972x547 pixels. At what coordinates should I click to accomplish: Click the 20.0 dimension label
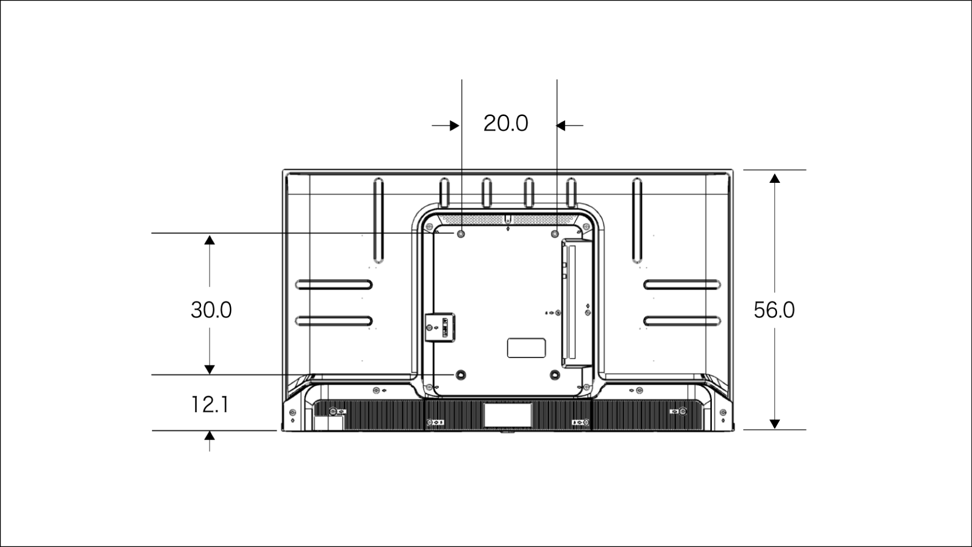pos(506,123)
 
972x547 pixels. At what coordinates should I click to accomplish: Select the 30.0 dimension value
pos(211,310)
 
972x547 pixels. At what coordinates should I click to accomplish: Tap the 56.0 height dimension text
pos(774,310)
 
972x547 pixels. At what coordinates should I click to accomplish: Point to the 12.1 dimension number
pos(210,404)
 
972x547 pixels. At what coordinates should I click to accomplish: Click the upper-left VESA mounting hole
pos(461,233)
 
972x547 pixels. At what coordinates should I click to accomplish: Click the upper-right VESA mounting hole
pos(555,233)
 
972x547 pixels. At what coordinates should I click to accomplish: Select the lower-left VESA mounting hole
pos(461,375)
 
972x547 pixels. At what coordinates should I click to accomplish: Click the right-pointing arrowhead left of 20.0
pos(455,125)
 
